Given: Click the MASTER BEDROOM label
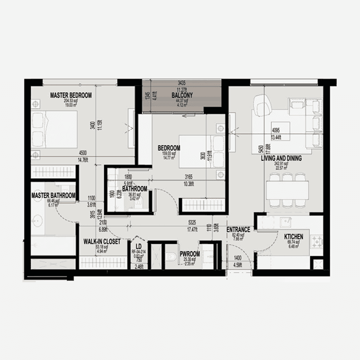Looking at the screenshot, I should click(71, 96).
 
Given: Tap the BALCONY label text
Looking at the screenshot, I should click(182, 96).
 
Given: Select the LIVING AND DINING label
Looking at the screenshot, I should click(281, 158).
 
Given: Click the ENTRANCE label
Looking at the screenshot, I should click(238, 229).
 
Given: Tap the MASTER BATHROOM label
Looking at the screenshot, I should click(53, 196).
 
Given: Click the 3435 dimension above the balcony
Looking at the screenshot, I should click(181, 83).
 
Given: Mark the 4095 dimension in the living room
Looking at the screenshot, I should click(276, 130).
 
